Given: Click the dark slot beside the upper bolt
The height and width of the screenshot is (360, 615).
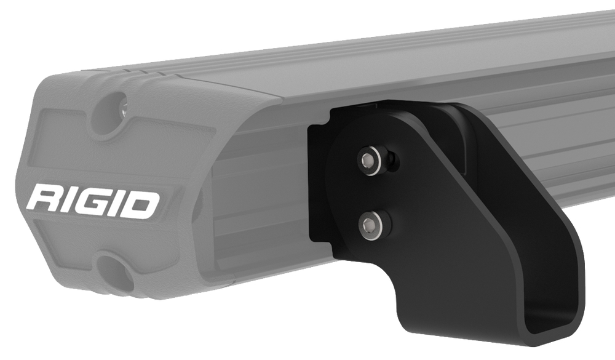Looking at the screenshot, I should [392, 162].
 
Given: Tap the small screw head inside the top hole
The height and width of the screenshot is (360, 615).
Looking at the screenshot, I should [122, 110].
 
